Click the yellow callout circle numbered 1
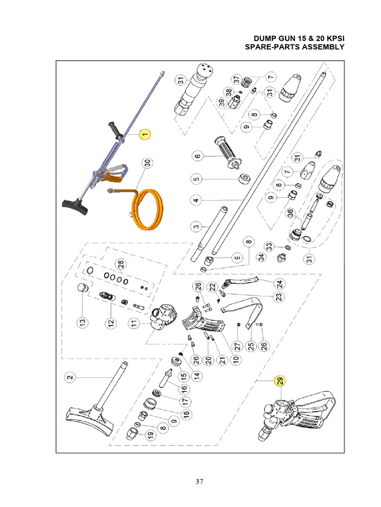[144, 134]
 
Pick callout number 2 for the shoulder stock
[70, 377]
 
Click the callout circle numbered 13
[82, 322]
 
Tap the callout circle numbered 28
[119, 265]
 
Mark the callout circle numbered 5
[196, 179]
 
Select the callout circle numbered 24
[279, 283]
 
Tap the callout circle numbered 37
[237, 79]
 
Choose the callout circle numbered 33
[269, 246]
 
